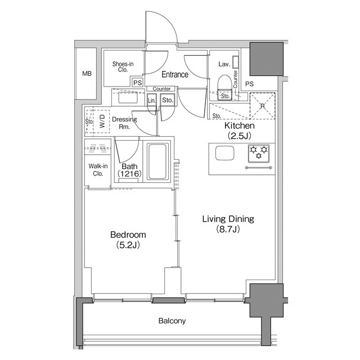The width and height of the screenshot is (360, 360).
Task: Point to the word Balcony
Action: point(172,321)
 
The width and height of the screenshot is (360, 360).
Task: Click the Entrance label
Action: point(175,74)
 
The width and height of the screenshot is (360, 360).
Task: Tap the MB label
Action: point(87,74)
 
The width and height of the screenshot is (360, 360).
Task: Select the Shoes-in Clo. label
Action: point(123,67)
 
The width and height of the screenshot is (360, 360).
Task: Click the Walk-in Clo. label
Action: point(98,170)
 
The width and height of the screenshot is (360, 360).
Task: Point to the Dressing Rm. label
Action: point(124,123)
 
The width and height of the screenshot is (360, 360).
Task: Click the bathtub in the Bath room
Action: point(157,161)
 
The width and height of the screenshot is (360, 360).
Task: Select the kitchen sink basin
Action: point(225,153)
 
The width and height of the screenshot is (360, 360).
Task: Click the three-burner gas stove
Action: point(259,153)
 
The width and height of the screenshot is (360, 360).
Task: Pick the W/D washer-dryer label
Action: point(102,121)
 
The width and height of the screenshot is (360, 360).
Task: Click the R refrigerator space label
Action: point(263,106)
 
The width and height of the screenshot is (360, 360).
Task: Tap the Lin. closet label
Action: point(151,101)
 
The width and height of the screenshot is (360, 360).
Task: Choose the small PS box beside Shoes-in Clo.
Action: point(137,83)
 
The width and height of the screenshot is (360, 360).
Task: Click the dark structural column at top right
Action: point(266,59)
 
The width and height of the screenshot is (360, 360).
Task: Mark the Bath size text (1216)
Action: point(129,174)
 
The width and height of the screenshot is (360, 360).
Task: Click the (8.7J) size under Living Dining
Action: point(228,229)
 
